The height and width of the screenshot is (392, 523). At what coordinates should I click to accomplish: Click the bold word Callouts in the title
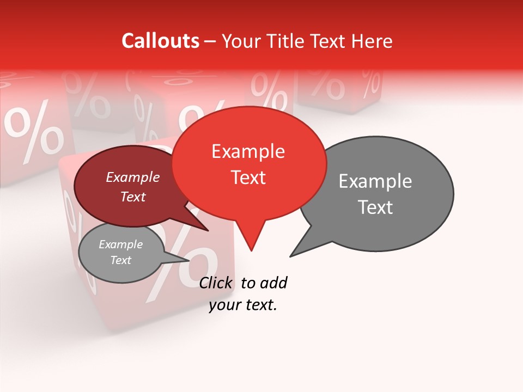[x=160, y=41]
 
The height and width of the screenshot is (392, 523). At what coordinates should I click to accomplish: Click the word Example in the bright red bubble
[x=248, y=151]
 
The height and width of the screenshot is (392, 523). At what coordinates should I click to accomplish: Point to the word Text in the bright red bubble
[x=248, y=177]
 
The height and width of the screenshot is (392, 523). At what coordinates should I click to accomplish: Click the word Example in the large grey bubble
[x=375, y=181]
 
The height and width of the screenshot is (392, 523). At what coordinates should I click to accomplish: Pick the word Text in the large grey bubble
[x=375, y=207]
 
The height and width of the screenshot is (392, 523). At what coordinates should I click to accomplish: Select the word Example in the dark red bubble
[x=132, y=177]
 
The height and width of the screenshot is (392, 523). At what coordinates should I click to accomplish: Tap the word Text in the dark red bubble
[x=132, y=197]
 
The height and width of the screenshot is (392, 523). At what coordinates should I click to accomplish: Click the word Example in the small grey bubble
[x=120, y=244]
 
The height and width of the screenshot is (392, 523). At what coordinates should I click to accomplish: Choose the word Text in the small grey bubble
[x=120, y=260]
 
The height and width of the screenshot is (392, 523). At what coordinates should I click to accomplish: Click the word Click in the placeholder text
[x=216, y=283]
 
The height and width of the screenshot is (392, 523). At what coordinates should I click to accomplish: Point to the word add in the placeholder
[x=273, y=283]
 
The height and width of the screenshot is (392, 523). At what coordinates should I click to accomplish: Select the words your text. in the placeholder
[x=243, y=305]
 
